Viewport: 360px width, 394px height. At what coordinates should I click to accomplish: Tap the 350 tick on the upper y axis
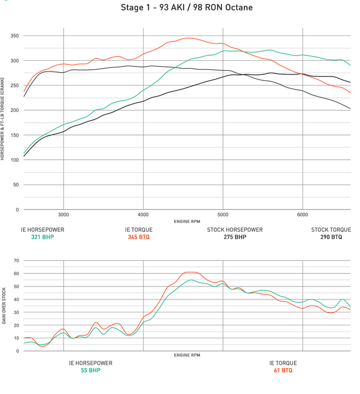pyautogui.click(x=14, y=35)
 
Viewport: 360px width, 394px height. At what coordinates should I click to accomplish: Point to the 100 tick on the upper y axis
pyautogui.click(x=14, y=160)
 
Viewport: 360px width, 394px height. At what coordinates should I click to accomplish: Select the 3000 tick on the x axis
pyautogui.click(x=63, y=214)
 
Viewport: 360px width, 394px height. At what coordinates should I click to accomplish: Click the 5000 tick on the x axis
pyautogui.click(x=223, y=214)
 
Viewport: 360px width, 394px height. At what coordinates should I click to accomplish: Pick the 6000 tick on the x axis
pyautogui.click(x=303, y=214)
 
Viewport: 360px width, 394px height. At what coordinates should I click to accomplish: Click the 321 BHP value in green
pyautogui.click(x=43, y=237)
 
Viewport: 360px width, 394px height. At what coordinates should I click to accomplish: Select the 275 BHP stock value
pyautogui.click(x=234, y=237)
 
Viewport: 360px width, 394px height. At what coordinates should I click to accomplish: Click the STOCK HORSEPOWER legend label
pyautogui.click(x=234, y=230)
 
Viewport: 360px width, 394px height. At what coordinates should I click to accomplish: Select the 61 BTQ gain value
pyautogui.click(x=282, y=370)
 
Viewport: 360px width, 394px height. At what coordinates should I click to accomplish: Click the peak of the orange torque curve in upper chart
pyautogui.click(x=188, y=38)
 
